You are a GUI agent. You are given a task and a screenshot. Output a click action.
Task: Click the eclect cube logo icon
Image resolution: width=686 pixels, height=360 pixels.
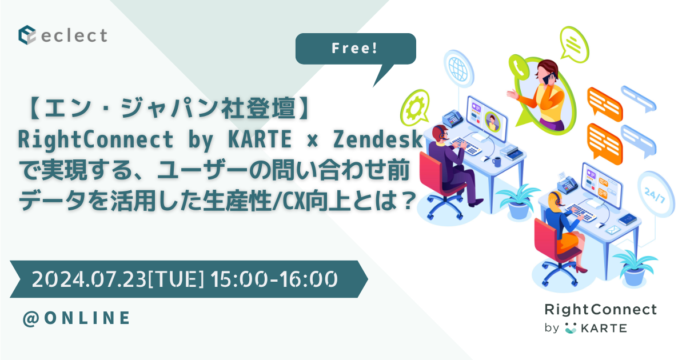click(27, 35)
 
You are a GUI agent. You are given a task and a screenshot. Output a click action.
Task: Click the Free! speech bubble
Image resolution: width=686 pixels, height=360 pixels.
click(354, 49)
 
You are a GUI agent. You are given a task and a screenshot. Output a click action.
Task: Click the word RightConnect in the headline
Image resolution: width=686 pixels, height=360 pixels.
click(75, 139)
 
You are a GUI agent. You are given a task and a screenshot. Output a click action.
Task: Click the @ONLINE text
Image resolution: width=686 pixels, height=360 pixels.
click(76, 318)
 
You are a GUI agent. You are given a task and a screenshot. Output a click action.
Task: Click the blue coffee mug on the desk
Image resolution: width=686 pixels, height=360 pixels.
click(496, 162)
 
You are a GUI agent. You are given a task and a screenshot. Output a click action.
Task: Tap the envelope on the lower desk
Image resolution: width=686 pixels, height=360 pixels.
click(612, 230)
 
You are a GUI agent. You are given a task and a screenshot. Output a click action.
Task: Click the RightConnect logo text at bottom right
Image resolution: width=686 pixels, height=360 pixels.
click(600, 310)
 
